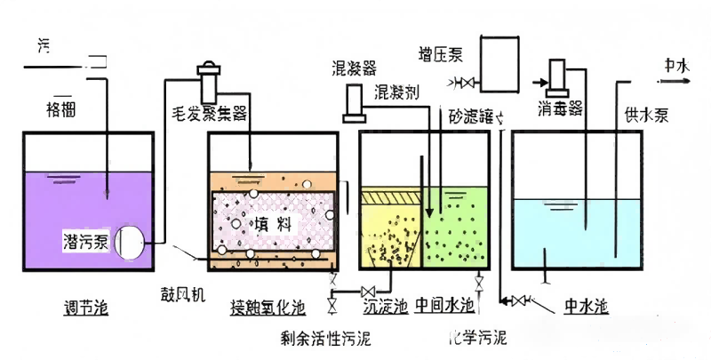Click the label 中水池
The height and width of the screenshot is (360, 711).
point(587,307)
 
